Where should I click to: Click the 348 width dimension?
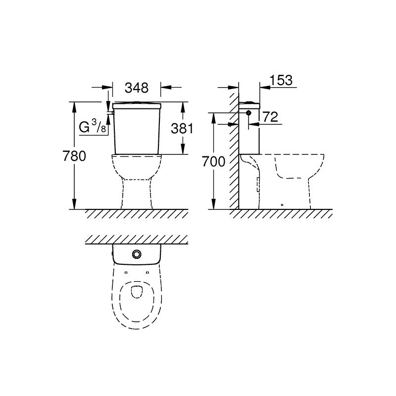pos(137,88)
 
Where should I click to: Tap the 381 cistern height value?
pos(182,128)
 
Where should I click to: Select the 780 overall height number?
pos(74,156)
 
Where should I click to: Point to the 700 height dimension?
pos(213,162)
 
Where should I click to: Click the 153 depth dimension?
pos(281,80)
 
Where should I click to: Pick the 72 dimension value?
pos(270,117)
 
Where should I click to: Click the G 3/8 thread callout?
pos(93,127)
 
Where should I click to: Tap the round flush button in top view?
pos(137,254)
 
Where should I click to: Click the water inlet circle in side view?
pos(249,113)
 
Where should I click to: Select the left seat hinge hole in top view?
pos(126,272)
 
